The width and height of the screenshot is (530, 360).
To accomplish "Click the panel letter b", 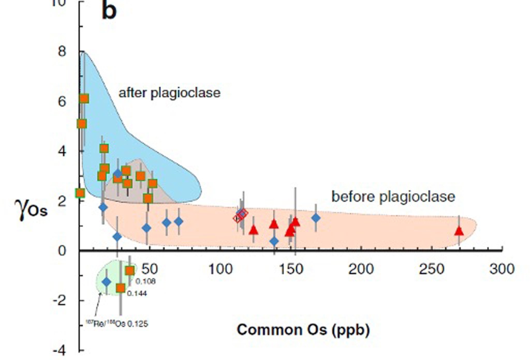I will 109,11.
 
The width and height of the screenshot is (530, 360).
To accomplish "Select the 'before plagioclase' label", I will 393,197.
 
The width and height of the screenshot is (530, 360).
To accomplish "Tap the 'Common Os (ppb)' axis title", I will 303,329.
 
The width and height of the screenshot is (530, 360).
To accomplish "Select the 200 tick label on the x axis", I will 361,269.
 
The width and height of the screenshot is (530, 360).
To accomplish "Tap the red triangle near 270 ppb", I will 459,231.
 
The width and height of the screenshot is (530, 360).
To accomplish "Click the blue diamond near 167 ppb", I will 316,218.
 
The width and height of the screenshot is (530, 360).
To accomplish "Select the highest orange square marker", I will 84,98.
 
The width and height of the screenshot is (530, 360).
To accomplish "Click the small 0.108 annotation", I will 145,282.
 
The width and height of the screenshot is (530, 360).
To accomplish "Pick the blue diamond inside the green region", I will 107,282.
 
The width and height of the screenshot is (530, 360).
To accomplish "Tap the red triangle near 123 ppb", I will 253,230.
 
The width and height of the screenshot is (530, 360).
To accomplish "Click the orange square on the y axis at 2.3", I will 80,193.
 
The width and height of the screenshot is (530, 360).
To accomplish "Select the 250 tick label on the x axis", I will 432,269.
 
